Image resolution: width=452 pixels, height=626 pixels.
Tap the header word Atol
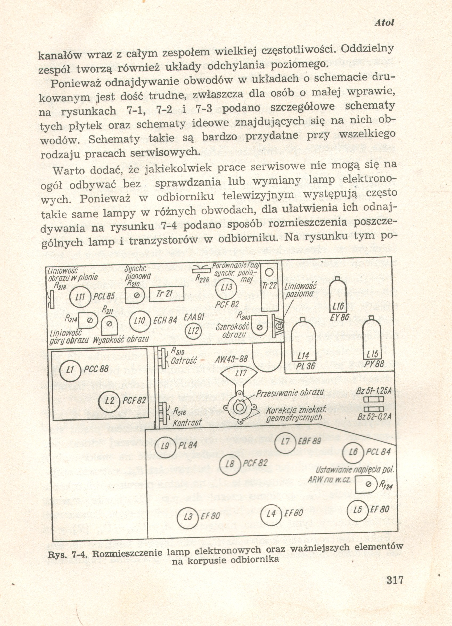[384, 23]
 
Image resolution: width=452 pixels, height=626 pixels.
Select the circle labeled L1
[70, 370]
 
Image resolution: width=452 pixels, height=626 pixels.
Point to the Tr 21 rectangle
[167, 294]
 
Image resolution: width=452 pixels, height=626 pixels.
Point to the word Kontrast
[187, 423]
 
